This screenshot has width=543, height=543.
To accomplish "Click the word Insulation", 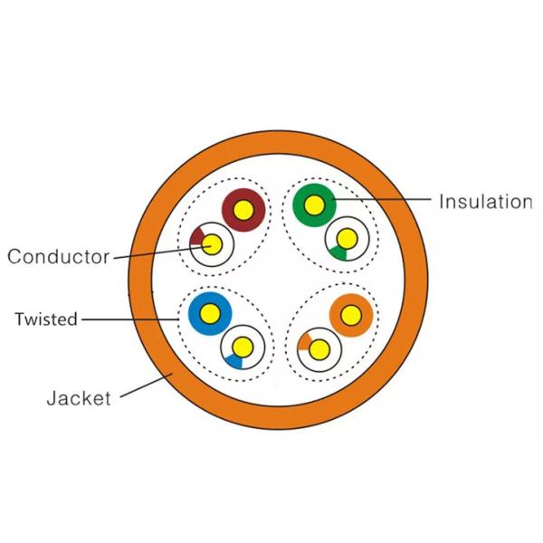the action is tap(485, 202).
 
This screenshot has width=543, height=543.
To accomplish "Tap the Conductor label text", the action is tap(59, 257).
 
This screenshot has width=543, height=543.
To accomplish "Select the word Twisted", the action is tap(46, 319).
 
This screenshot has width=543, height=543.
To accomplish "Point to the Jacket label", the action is tap(79, 398).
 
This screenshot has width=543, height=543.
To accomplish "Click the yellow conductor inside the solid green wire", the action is tap(314, 205).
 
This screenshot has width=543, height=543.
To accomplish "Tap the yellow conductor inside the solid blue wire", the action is tap(210, 313).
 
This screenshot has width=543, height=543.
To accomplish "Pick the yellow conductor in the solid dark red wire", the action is tap(243, 210).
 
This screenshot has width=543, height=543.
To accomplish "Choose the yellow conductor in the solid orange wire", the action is tap(351, 315).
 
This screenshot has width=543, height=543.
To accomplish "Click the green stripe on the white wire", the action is tap(338, 253).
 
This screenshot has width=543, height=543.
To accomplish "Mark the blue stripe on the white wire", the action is tap(234, 361).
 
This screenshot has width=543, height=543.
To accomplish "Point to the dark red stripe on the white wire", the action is tap(196, 237).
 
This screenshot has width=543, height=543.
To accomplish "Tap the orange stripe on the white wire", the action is tap(304, 342).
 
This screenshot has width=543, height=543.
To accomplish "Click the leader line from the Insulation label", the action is tap(382, 199).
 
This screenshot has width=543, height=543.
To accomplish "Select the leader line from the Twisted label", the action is tap(129, 319).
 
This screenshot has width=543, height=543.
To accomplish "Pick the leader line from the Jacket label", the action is tap(147, 386).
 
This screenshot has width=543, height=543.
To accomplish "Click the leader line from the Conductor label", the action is tap(162, 252).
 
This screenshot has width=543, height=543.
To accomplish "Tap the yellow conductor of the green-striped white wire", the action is tap(347, 239).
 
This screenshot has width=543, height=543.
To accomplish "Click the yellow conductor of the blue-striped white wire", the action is tap(243, 347).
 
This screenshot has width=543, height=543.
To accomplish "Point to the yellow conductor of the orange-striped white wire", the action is tap(319, 349).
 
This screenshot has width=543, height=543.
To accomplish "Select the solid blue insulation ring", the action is tap(210, 298).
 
